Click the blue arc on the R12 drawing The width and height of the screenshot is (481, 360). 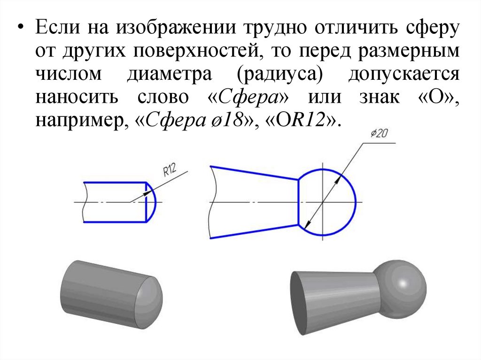[x=152, y=202]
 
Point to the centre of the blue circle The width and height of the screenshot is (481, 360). [x=323, y=202]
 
